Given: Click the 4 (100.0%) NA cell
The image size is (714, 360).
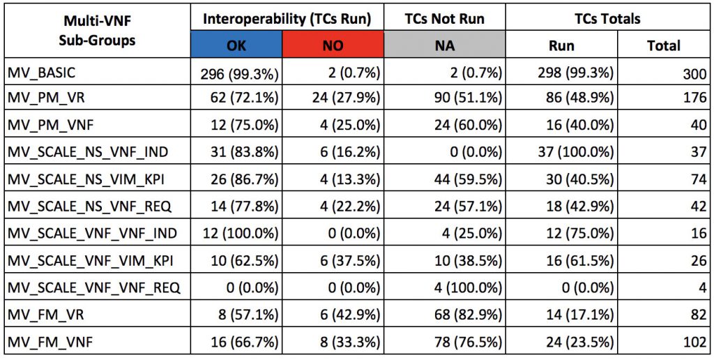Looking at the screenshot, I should pyautogui.click(x=463, y=288).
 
